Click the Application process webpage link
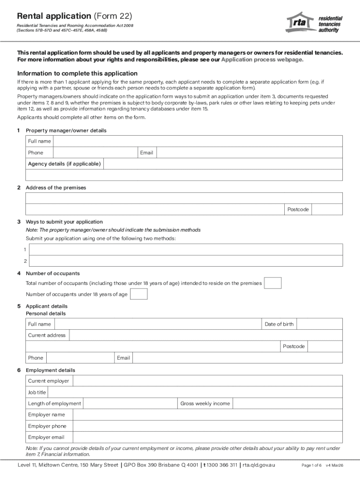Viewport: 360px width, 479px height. click(x=262, y=60)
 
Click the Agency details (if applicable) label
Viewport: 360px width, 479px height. click(x=64, y=164)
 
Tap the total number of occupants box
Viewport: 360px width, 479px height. click(x=273, y=283)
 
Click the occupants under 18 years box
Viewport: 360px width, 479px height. click(x=138, y=294)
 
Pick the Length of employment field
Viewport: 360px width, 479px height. click(x=130, y=404)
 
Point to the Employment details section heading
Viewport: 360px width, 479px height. click(x=50, y=370)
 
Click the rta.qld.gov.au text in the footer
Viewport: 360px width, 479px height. click(x=259, y=465)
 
